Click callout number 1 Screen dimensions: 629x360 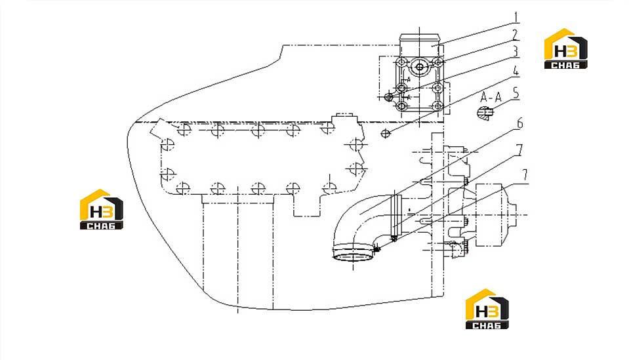(517, 18)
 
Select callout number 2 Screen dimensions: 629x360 (515, 35)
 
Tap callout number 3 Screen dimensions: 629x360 (515, 51)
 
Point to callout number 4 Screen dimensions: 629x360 (516, 71)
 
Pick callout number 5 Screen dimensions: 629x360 (516, 93)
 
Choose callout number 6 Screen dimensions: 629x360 (519, 123)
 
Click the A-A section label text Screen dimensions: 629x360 (491, 97)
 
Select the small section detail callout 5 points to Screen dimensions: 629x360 (485, 113)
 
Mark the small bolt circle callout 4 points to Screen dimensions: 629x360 (386, 134)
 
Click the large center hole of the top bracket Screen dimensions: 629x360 (420, 67)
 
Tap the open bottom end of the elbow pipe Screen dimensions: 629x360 (353, 254)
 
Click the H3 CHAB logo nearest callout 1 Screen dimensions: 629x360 (565, 49)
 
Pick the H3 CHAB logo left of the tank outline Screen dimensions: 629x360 (102, 209)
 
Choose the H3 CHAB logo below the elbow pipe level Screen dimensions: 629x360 (487, 309)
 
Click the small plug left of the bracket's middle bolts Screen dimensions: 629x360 (388, 96)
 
